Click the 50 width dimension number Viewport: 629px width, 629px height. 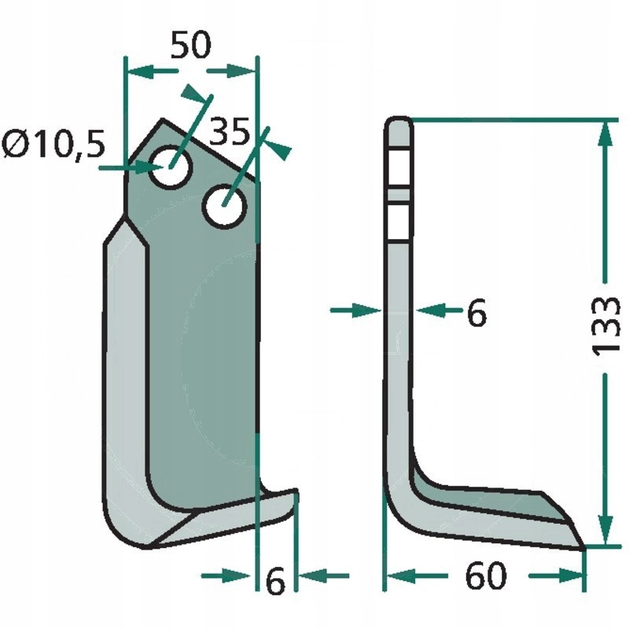tap(190, 45)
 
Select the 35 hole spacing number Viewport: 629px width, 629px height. tap(230, 131)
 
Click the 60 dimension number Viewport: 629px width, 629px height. tap(486, 576)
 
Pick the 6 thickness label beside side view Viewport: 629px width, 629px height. tap(477, 311)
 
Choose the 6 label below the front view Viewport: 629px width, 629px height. tap(275, 580)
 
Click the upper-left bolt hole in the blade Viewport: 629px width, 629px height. tap(171, 167)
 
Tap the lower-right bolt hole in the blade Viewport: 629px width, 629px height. tap(224, 206)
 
